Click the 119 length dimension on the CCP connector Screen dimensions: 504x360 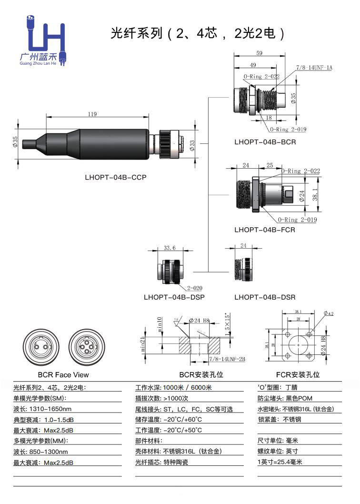(92, 114)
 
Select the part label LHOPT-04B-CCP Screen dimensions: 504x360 (115, 177)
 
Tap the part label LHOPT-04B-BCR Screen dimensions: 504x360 (265, 142)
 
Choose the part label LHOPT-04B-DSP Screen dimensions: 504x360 (174, 297)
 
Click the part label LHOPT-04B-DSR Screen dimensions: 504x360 (265, 297)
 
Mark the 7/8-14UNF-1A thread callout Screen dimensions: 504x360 (314, 68)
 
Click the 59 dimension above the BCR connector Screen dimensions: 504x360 (260, 53)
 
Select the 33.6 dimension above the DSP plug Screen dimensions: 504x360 (170, 248)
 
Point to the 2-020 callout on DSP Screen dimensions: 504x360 (195, 288)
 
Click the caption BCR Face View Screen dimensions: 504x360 (63, 375)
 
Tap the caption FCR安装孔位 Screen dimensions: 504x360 (298, 375)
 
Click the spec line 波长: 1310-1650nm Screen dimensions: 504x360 (43, 409)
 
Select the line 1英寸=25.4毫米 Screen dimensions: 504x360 (280, 462)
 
